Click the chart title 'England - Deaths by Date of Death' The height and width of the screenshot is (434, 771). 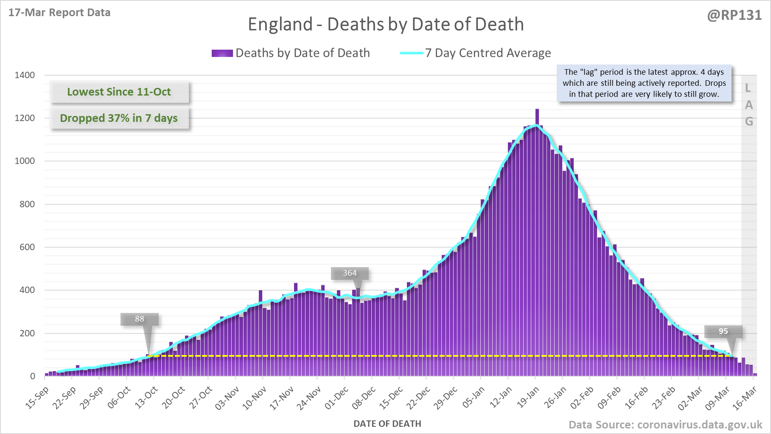pyautogui.click(x=385, y=24)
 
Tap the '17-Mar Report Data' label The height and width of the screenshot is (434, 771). pyautogui.click(x=59, y=13)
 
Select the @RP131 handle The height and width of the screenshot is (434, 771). pyautogui.click(x=734, y=15)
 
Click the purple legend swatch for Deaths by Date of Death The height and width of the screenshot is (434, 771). pyautogui.click(x=222, y=53)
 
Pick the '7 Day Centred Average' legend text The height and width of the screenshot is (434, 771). pyautogui.click(x=488, y=53)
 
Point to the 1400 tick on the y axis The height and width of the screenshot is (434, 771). pyautogui.click(x=25, y=75)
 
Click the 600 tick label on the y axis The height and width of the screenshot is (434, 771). pyautogui.click(x=27, y=247)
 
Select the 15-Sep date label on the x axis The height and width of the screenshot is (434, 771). pyautogui.click(x=37, y=397)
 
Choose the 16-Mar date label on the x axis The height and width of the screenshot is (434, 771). pyautogui.click(x=745, y=397)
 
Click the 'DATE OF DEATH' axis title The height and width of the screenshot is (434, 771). pyautogui.click(x=387, y=424)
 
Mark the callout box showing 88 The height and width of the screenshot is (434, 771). pyautogui.click(x=140, y=319)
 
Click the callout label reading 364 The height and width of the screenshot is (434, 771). pyautogui.click(x=350, y=273)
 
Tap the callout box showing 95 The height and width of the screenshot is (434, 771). pyautogui.click(x=723, y=331)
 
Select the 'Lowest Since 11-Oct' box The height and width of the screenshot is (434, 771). pyautogui.click(x=119, y=92)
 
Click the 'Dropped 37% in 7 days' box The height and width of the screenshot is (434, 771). pyautogui.click(x=119, y=118)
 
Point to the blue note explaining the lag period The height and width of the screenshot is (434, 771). pyautogui.click(x=644, y=83)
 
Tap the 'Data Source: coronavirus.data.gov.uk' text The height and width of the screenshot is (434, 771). pyautogui.click(x=665, y=425)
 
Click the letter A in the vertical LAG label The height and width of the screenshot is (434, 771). pyautogui.click(x=749, y=105)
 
